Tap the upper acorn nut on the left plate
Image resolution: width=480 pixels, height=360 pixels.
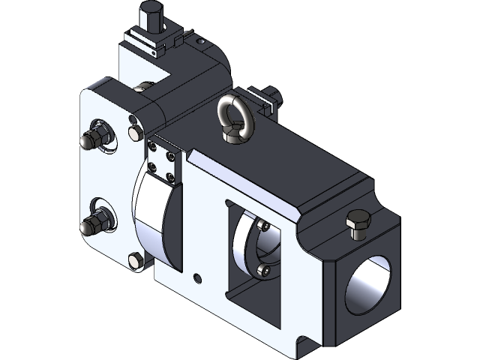tap(96, 135)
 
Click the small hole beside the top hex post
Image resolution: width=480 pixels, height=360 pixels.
tap(198, 40)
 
